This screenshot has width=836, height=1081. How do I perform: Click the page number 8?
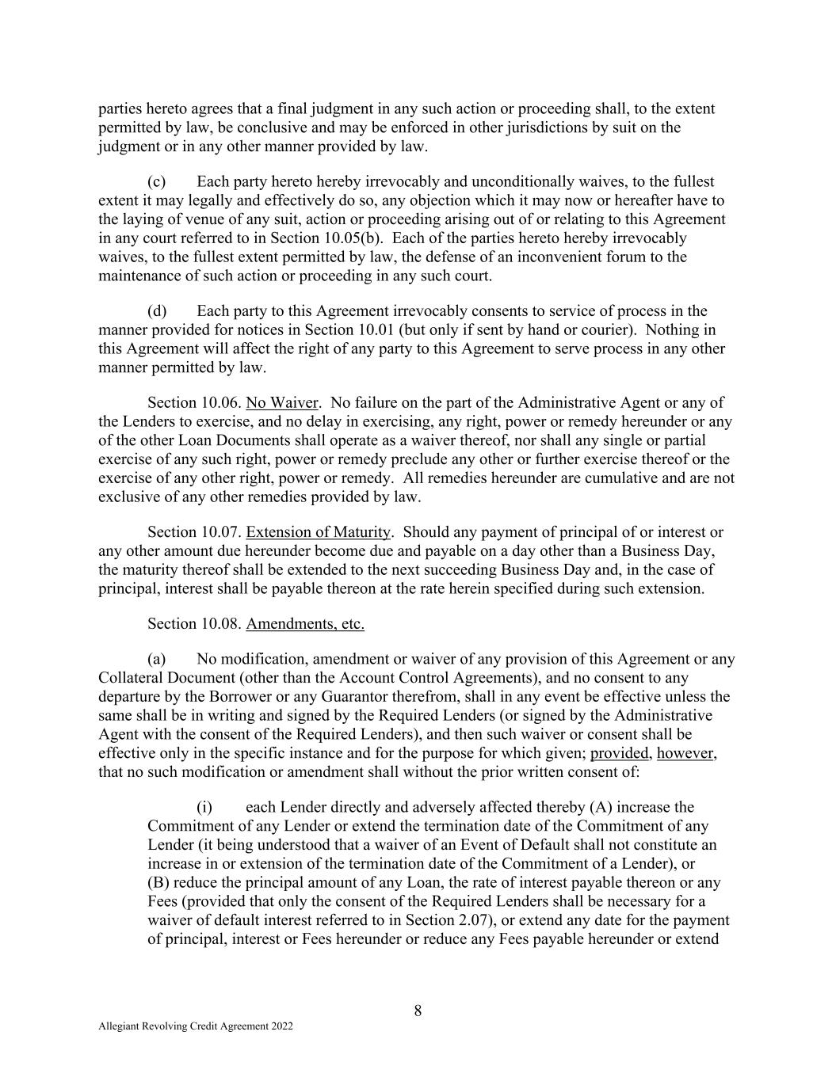pos(418,1010)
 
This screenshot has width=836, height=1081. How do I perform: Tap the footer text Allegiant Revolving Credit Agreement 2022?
pos(196,1026)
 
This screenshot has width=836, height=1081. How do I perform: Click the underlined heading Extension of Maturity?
pos(319,532)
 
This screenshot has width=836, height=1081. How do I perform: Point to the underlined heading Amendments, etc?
pos(305,624)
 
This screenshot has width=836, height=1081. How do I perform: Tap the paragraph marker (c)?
pos(156,181)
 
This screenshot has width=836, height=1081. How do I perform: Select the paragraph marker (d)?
pos(156,310)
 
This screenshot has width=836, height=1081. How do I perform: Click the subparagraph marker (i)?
pos(204,807)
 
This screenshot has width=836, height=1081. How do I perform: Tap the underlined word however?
pos(686,753)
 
